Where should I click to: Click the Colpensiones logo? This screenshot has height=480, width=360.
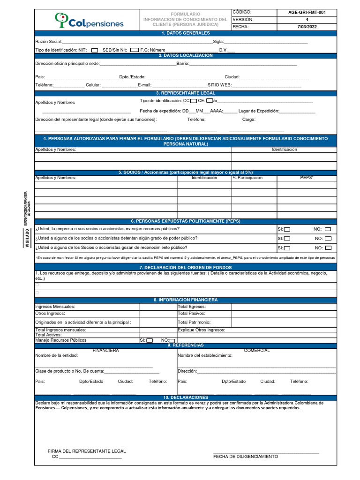(89, 20)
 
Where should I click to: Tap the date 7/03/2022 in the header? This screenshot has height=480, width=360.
(307, 27)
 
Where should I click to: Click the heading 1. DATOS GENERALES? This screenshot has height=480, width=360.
(185, 33)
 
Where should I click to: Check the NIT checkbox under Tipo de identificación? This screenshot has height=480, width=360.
(95, 50)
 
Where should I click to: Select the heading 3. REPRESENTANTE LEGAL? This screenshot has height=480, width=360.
(185, 93)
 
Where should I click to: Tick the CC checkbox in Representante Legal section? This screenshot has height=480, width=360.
(194, 101)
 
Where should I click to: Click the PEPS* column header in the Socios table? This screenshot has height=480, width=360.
(307, 178)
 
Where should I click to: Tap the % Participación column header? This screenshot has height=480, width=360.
(247, 178)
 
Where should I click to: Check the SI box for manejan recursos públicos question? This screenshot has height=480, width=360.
(287, 229)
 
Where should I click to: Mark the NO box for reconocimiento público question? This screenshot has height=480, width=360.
(328, 248)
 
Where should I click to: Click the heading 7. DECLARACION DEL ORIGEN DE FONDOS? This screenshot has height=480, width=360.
(185, 267)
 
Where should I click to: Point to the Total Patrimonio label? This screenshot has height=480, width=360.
(194, 322)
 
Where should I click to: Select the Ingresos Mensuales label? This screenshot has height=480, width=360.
(55, 307)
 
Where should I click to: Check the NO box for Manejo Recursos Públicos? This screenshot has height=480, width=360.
(172, 341)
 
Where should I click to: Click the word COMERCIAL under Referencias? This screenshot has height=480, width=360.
(256, 351)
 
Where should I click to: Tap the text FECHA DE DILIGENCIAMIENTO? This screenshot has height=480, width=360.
(245, 457)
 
